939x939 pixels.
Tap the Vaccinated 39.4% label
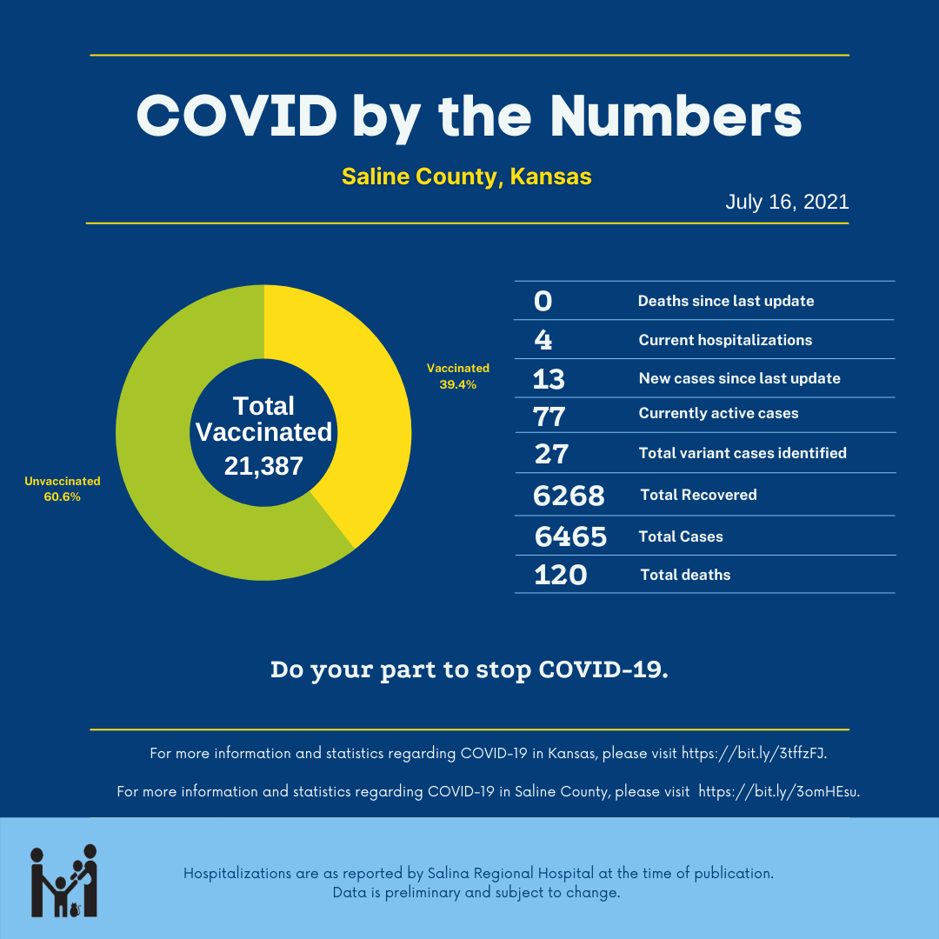pos(457,376)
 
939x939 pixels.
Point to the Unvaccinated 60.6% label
pos(62,489)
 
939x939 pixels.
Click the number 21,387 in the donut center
pos(263,466)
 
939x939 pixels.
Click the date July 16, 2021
pos(787,202)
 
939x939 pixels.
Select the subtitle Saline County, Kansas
pos(466,176)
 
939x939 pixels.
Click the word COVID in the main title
pos(236,115)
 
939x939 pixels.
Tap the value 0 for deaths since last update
pos(543,301)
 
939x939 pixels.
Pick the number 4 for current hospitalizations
pos(543,340)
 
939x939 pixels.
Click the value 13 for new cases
pos(549,379)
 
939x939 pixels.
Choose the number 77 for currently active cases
pos(549,416)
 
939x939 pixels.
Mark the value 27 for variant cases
pos(550,453)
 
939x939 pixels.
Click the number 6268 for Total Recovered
pos(569,496)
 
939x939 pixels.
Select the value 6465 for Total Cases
pos(570,536)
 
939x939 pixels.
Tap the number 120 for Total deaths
pos(560,575)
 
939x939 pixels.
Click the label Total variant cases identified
pos(743,453)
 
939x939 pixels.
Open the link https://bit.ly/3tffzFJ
pos(753,753)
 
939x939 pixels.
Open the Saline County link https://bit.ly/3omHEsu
pos(778,792)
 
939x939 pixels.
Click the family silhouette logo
pos(64,880)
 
